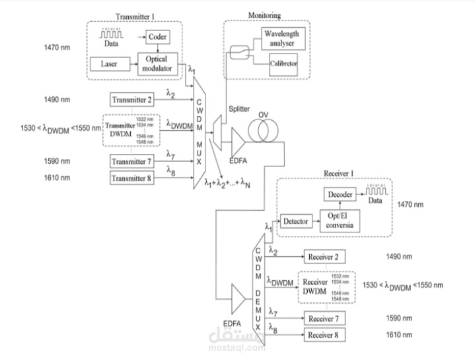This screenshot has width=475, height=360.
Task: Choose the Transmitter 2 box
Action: [x=133, y=100]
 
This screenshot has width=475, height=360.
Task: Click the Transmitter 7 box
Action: [x=133, y=162]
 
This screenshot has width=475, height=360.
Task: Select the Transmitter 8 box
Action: [x=133, y=178]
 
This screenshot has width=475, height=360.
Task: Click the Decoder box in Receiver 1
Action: [x=340, y=194]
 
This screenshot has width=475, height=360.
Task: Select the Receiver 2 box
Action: [x=324, y=257]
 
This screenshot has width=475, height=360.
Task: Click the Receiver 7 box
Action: [x=324, y=319]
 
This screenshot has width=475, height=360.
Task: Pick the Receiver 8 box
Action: [x=324, y=335]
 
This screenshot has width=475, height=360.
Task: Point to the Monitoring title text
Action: [x=264, y=15]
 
